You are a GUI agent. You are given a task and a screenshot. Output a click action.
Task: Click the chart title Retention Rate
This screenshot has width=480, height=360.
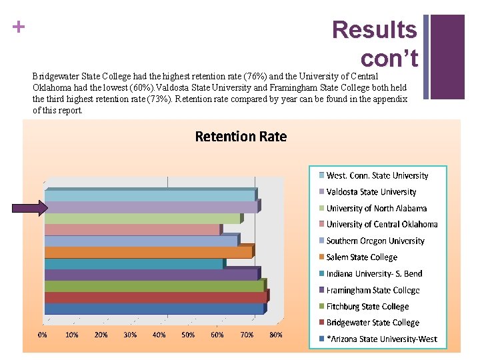pyautogui.click(x=240, y=137)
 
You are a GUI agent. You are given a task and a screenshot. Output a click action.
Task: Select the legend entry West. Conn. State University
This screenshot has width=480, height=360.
pyautogui.click(x=377, y=176)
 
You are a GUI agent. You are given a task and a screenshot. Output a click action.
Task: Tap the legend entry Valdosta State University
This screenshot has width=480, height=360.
pyautogui.click(x=371, y=192)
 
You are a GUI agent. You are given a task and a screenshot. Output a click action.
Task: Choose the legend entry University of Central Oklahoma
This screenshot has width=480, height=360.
pyautogui.click(x=381, y=225)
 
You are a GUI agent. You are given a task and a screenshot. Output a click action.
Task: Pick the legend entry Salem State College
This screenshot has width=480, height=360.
pyautogui.click(x=361, y=257)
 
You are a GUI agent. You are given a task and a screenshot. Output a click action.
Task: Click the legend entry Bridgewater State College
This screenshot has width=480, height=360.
pyautogui.click(x=372, y=323)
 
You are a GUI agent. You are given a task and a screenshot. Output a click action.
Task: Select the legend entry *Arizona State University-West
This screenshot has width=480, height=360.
pyautogui.click(x=381, y=339)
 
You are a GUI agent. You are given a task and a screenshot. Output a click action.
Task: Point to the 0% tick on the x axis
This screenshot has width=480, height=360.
pyautogui.click(x=42, y=335)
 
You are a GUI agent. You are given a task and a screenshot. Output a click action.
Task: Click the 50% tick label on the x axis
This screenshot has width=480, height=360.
pyautogui.click(x=188, y=335)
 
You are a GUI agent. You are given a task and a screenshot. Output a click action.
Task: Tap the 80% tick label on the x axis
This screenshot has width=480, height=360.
pyautogui.click(x=275, y=335)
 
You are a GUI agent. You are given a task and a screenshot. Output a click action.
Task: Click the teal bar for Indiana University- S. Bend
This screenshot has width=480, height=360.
pyautogui.click(x=133, y=264)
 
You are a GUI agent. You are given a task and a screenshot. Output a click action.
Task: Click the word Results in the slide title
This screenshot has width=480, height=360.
pyautogui.click(x=374, y=30)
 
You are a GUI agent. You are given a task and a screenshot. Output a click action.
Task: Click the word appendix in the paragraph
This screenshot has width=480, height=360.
pyautogui.click(x=388, y=99)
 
